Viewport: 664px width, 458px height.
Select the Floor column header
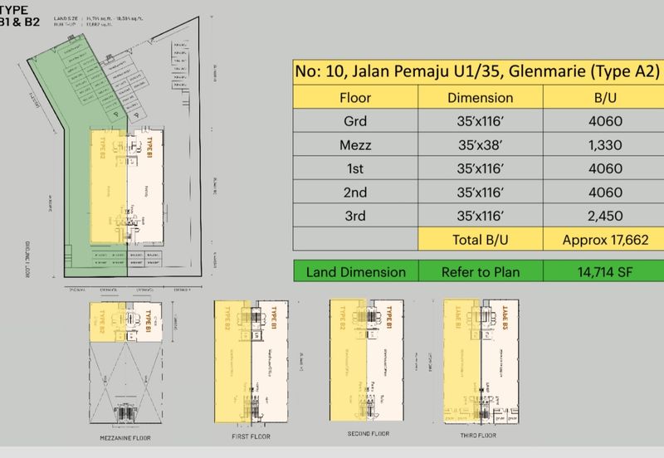tap(355, 97)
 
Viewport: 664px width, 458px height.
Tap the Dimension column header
tap(480, 97)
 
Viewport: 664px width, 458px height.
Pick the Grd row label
tap(355, 122)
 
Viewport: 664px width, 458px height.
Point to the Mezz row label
tap(355, 146)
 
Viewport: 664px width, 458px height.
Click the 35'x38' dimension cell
tap(480, 146)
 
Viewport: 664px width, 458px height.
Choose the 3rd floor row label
tap(355, 218)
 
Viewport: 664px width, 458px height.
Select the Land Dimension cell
tap(355, 271)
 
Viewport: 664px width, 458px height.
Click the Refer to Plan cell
tap(480, 271)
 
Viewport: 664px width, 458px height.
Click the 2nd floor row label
tap(355, 194)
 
